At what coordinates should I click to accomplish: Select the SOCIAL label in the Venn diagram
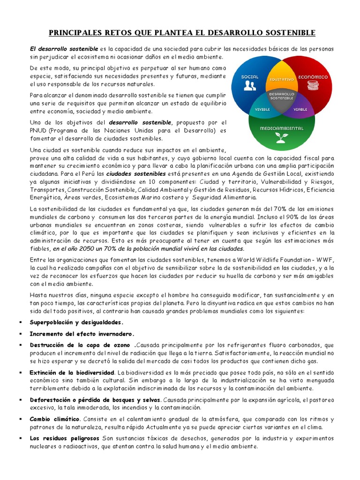click(249, 76)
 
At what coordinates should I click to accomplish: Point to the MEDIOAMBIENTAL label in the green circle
click(281, 128)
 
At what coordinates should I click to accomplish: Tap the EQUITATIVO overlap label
click(281, 80)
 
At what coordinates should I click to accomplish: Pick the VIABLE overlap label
click(300, 109)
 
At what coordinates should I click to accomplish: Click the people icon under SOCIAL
click(249, 85)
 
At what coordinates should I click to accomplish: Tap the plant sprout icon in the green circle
click(281, 137)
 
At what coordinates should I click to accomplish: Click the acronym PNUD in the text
click(38, 130)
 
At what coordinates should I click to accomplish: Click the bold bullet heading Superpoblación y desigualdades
click(77, 322)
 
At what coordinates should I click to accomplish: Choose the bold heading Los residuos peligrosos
click(64, 438)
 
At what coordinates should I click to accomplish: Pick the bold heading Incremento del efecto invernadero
click(82, 334)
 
